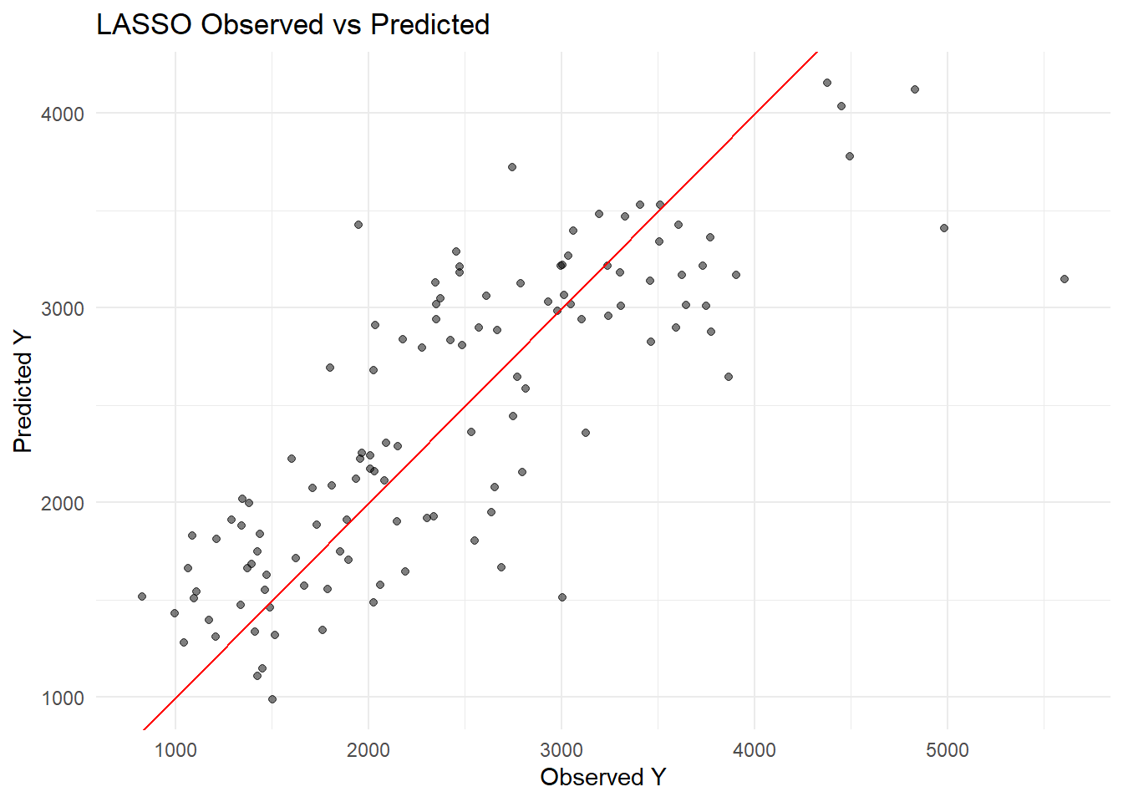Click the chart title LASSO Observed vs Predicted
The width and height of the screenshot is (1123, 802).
pos(292,25)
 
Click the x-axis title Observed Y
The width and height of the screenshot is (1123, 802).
pos(602,777)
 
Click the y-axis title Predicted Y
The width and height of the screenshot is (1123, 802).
pos(23,391)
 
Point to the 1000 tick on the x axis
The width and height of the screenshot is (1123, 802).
pos(175,749)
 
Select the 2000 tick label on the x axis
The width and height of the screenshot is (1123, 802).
pos(368,749)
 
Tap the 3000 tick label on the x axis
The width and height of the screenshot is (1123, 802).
pos(561,749)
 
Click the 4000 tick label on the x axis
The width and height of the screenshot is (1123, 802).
pos(755,749)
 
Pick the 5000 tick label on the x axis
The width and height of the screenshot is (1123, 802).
pos(948,749)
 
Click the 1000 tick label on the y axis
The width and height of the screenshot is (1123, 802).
pos(63,698)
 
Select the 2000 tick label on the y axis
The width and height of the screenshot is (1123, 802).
pos(63,504)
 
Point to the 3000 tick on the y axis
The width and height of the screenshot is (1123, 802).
pos(63,309)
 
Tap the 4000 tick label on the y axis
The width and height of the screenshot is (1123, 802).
pos(63,114)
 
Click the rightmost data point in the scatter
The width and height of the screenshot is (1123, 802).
pos(1065,279)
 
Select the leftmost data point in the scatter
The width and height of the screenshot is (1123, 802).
pos(142,596)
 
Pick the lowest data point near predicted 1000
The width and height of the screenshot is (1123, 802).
pos(272,699)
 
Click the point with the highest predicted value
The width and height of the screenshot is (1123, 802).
pos(827,83)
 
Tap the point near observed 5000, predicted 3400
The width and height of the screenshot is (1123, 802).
pos(944,228)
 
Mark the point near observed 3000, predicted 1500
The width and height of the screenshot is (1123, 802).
pos(562,597)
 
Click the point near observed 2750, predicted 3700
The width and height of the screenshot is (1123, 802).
pos(512,167)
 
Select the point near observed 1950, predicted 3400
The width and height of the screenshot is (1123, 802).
pos(358,225)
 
